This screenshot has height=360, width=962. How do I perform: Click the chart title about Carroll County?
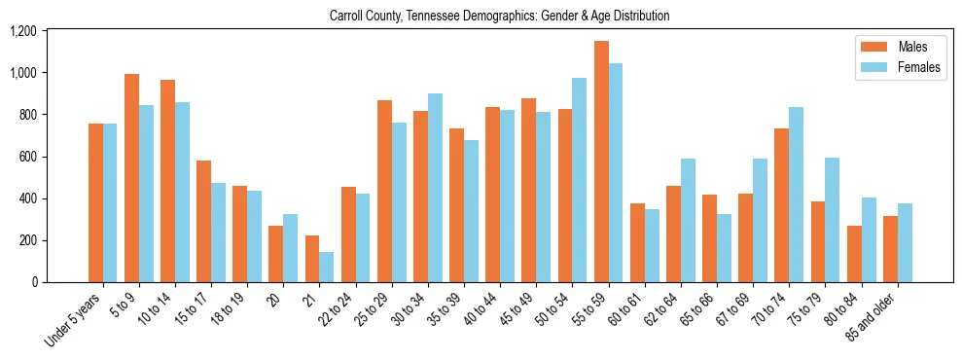(x=499, y=17)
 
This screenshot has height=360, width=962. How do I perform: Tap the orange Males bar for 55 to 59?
(x=601, y=162)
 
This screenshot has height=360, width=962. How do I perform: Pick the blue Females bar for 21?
(x=327, y=267)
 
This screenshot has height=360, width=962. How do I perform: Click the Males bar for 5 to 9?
(x=131, y=178)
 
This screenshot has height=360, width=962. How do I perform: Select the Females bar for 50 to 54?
(x=580, y=180)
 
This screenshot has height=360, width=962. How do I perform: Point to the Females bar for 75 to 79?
(x=833, y=220)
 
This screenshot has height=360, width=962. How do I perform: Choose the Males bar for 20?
(x=276, y=254)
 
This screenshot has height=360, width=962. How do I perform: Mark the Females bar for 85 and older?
(x=905, y=242)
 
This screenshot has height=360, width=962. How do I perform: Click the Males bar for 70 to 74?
(x=782, y=205)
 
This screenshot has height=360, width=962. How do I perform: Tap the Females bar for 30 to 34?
(x=435, y=188)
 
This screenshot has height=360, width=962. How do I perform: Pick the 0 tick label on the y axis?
(x=59, y=282)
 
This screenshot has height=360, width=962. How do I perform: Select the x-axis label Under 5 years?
(x=74, y=322)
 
